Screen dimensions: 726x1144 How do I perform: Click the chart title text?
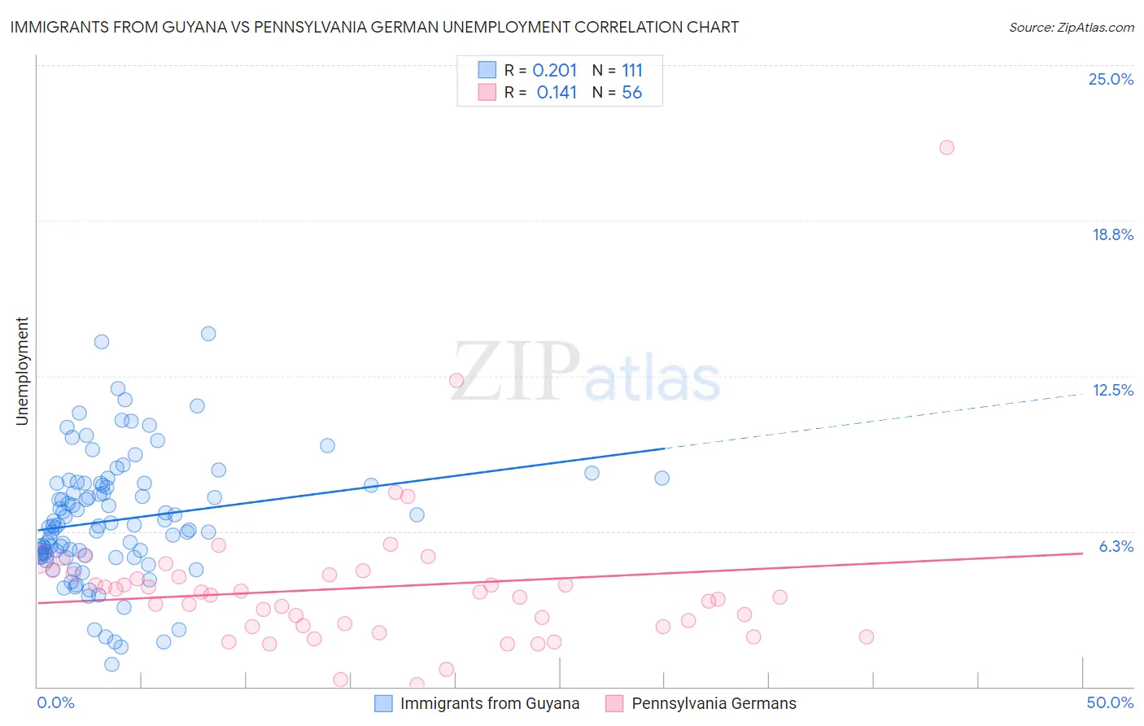coord(374,27)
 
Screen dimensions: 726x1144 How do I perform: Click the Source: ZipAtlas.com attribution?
coord(1071,27)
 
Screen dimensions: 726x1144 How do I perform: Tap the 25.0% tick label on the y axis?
coord(1111,79)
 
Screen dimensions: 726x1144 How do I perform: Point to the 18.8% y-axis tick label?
coord(1112,234)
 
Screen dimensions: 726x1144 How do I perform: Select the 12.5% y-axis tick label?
coord(1112,390)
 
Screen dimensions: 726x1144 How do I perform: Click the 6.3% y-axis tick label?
coord(1116,546)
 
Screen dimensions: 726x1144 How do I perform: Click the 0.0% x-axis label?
coord(55,702)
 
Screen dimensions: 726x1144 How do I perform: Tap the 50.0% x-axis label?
coord(1110,702)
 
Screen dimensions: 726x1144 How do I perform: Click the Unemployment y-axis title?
coord(22,371)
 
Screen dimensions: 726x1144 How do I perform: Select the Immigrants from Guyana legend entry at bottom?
coord(489,703)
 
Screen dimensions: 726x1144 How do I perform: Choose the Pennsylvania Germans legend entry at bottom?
coord(714,703)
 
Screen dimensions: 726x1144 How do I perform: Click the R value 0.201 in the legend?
coord(554,71)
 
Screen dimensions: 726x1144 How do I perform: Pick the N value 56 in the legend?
coord(631,93)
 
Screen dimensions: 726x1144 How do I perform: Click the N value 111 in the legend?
coord(631,71)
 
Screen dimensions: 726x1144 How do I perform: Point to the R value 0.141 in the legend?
coord(557,93)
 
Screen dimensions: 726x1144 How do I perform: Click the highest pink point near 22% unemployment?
coord(946,147)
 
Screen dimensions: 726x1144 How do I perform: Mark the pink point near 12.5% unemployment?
coord(456,380)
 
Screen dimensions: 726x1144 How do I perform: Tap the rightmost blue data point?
coord(662,478)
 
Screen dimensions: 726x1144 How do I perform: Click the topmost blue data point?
coord(208,334)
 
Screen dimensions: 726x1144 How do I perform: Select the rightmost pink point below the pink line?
coord(867,636)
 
